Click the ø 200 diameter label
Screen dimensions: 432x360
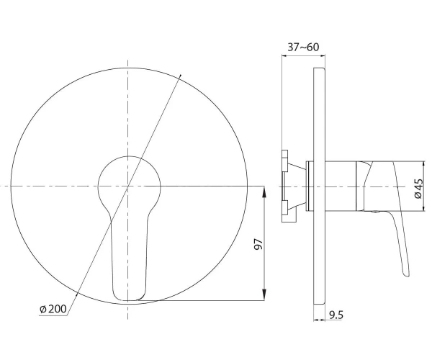(x=53, y=309)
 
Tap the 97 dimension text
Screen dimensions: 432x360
(x=258, y=244)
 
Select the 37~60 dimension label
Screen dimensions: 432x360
(x=303, y=47)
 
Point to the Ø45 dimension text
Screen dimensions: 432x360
(x=418, y=189)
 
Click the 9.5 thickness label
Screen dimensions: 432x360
(x=336, y=315)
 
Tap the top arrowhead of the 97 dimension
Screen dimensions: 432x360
(x=264, y=192)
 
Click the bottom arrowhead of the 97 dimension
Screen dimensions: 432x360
(x=264, y=295)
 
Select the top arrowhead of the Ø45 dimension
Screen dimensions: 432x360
(x=424, y=166)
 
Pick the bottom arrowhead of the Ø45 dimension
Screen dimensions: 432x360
(x=424, y=207)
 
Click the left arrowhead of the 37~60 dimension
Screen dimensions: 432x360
(x=284, y=56)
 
